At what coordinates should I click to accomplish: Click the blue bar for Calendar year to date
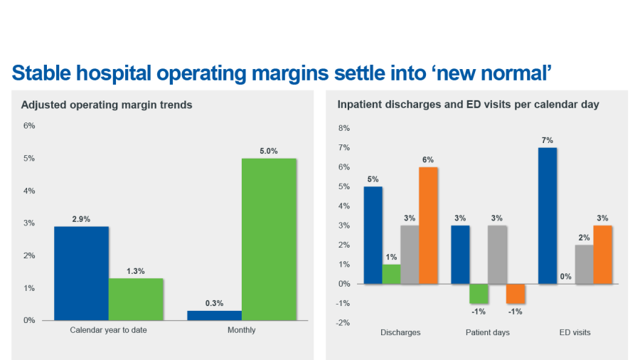[x=81, y=273]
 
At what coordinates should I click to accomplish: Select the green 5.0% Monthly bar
[x=269, y=239]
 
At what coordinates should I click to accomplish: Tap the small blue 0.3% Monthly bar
[x=214, y=315]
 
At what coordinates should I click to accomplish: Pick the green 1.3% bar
[x=136, y=299]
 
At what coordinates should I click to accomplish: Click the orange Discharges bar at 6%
[x=428, y=226]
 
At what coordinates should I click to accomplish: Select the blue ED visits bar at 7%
[x=547, y=216]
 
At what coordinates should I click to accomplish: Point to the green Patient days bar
[x=479, y=293]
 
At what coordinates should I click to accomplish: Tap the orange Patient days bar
[x=515, y=293]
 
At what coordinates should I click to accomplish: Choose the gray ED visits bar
[x=584, y=265]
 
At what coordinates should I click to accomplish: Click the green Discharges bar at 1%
[x=391, y=274]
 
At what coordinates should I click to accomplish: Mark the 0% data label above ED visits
[x=565, y=277]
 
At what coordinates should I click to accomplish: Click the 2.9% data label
[x=81, y=219]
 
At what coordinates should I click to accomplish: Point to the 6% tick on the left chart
[x=29, y=126]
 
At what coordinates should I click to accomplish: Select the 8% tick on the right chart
[x=344, y=129]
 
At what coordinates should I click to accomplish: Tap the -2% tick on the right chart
[x=343, y=322]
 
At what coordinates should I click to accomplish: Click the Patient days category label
[x=487, y=332]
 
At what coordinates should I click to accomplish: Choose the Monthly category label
[x=241, y=330]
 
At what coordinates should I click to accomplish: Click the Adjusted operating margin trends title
[x=107, y=105]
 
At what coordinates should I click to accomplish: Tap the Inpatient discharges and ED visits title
[x=468, y=105]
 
